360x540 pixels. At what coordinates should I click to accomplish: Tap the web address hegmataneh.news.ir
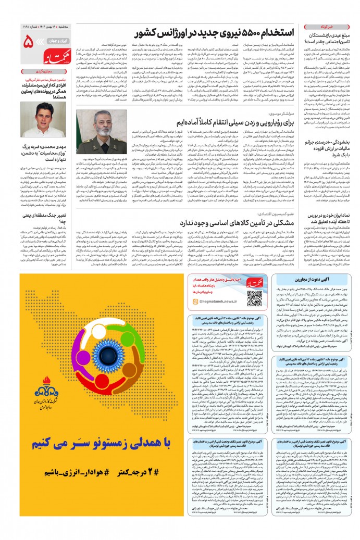tap(212, 308)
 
